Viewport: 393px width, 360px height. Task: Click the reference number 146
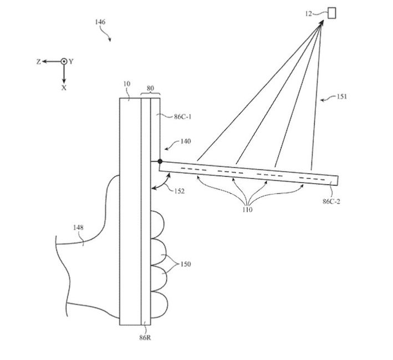100,22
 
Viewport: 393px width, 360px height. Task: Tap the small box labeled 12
333,12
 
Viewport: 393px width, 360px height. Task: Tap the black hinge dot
160,162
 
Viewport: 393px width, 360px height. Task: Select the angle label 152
178,191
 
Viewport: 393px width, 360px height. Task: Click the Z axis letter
38,62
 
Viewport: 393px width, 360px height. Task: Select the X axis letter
64,88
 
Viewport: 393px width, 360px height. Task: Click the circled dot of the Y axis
64,62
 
